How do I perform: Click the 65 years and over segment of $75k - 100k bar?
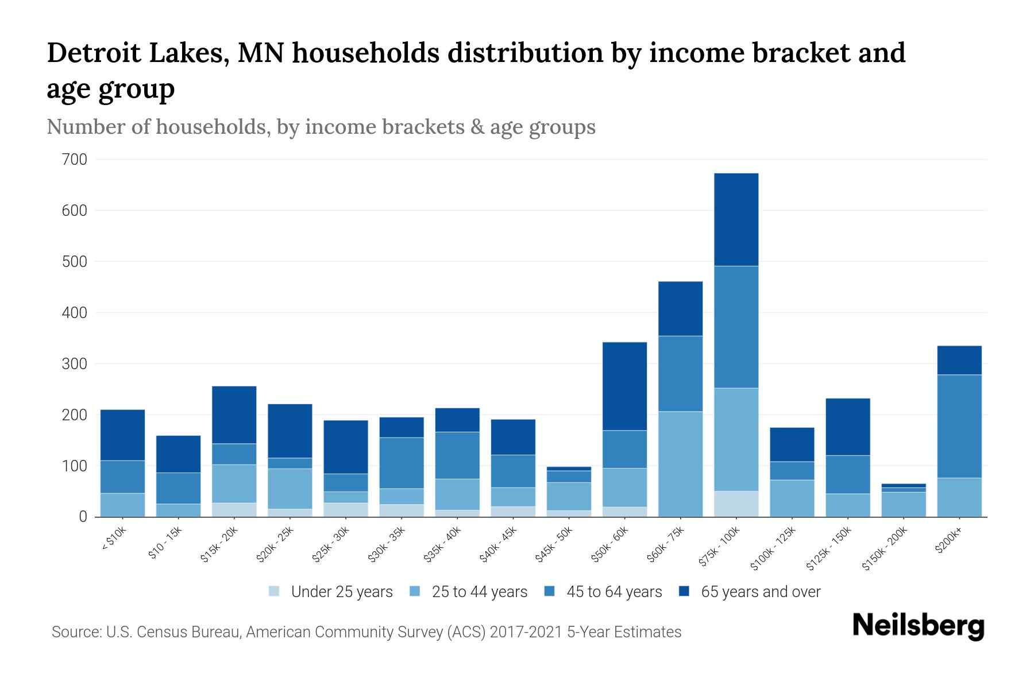[736, 219]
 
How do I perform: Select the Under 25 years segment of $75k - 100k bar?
[736, 504]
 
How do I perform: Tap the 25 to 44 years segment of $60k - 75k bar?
[680, 464]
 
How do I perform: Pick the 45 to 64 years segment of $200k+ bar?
[959, 426]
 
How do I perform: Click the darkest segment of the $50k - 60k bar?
[624, 386]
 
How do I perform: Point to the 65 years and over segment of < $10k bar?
[122, 435]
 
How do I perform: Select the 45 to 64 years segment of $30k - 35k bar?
[402, 463]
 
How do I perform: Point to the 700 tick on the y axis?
[74, 160]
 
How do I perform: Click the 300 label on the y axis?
[74, 364]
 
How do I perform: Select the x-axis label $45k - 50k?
[555, 545]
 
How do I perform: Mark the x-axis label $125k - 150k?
[829, 549]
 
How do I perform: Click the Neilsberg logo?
[918, 626]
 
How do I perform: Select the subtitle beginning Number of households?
[321, 127]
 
